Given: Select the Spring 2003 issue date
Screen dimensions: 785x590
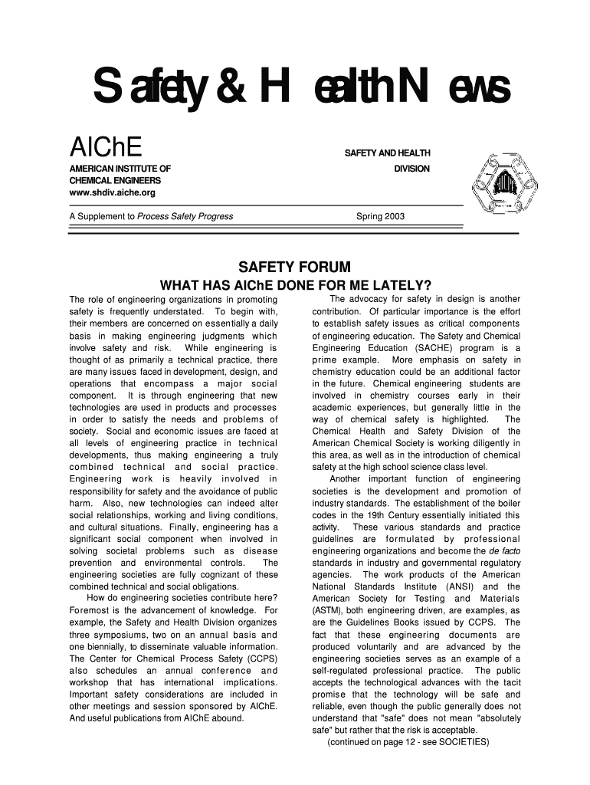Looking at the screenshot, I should pyautogui.click(x=380, y=217).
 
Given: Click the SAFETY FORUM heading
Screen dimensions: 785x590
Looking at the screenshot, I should pyautogui.click(x=295, y=268).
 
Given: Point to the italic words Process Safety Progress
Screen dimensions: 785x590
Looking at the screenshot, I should pyautogui.click(x=185, y=217).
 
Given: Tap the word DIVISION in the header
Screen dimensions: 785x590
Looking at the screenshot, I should pyautogui.click(x=411, y=169).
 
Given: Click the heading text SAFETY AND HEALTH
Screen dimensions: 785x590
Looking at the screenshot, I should pyautogui.click(x=388, y=154).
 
